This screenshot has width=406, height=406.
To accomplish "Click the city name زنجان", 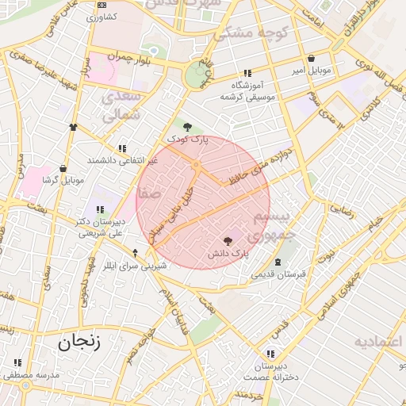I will pos(79,342).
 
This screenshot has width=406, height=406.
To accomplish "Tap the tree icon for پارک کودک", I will pos(187,126).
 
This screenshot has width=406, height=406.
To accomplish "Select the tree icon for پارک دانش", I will pos(228,240).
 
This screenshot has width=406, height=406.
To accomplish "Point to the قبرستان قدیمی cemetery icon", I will pos(278,262).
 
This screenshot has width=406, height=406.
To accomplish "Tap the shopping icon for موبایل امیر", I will pos(310,58).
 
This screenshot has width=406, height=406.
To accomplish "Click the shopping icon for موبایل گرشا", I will pos(63,168).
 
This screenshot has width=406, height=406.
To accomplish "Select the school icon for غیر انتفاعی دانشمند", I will pos(122,147).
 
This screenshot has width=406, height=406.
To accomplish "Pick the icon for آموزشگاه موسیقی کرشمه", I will pos(247,73).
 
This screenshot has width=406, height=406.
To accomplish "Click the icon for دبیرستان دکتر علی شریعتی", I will pos(99,210).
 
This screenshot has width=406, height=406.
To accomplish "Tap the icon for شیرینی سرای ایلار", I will pos(135,253).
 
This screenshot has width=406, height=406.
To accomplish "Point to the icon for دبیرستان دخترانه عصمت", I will pos(271,354).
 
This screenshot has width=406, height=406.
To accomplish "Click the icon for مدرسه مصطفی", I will pos(17,362).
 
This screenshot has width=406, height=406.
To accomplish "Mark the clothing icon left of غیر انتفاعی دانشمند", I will pos(74,126).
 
